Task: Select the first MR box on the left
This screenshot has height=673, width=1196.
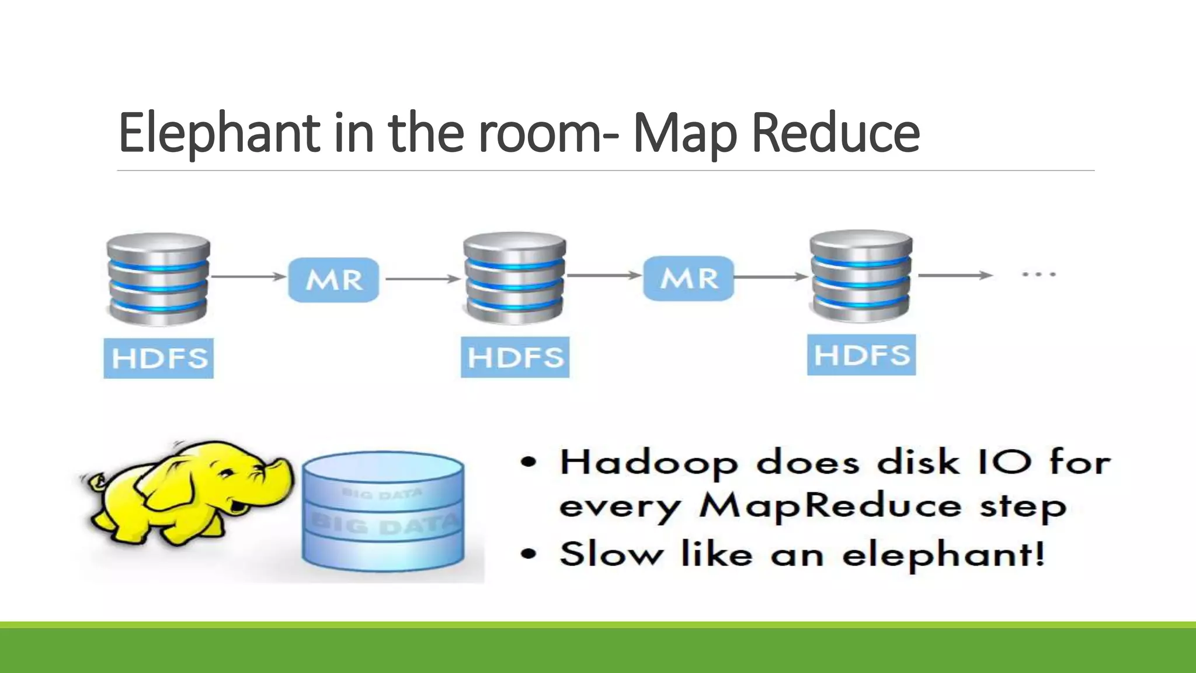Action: tap(333, 280)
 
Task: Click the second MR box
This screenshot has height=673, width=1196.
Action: tap(689, 279)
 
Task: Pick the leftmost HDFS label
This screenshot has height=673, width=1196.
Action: tap(159, 358)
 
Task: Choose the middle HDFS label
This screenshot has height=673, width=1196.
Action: tap(515, 357)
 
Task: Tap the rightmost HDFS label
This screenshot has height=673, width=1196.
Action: tap(861, 355)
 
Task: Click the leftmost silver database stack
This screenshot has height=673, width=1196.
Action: tap(158, 279)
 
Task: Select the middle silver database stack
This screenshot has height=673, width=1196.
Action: tap(514, 278)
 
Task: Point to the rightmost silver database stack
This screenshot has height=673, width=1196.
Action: tap(861, 276)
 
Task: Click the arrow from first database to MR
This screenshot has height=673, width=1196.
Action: tap(248, 276)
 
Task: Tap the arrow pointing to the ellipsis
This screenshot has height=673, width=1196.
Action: tap(955, 275)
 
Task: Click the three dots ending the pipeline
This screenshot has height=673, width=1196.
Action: tap(1039, 273)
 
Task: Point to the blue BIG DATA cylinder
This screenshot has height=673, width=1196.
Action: tap(384, 511)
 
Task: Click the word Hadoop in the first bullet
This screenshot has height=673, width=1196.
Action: tap(649, 463)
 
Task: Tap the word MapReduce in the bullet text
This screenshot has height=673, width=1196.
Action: tap(830, 506)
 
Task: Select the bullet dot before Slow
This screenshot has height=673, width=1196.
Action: tap(529, 553)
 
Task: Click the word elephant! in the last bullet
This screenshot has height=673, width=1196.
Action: tap(943, 554)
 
